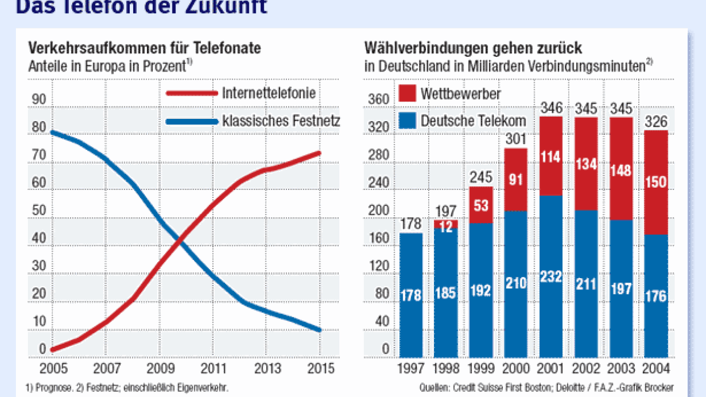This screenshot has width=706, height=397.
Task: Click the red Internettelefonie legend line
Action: coord(191,94)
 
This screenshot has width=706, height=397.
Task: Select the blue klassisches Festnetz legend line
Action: coord(191,121)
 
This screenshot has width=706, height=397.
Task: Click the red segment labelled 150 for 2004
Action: coord(655,182)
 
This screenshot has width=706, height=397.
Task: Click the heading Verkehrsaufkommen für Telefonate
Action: coord(145,48)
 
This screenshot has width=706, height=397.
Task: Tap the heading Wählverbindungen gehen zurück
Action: coord(473,48)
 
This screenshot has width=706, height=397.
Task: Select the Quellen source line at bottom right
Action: coord(546,388)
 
